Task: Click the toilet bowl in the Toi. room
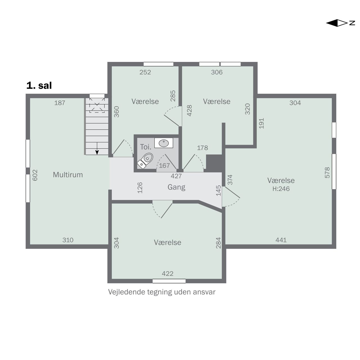145,161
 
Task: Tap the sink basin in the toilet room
164,143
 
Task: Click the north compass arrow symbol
340,23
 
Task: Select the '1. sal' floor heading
39,85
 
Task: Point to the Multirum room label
68,175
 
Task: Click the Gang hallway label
176,187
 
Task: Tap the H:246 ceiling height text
281,189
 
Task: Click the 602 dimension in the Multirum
35,175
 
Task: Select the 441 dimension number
281,240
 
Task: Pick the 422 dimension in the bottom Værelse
168,273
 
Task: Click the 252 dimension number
145,72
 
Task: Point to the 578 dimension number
327,173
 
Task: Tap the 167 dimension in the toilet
165,166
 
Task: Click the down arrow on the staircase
97,148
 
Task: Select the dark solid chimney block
214,163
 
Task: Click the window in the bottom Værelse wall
169,281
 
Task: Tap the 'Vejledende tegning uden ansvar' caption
162,292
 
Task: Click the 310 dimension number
68,240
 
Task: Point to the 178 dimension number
202,148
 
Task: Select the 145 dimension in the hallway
219,190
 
